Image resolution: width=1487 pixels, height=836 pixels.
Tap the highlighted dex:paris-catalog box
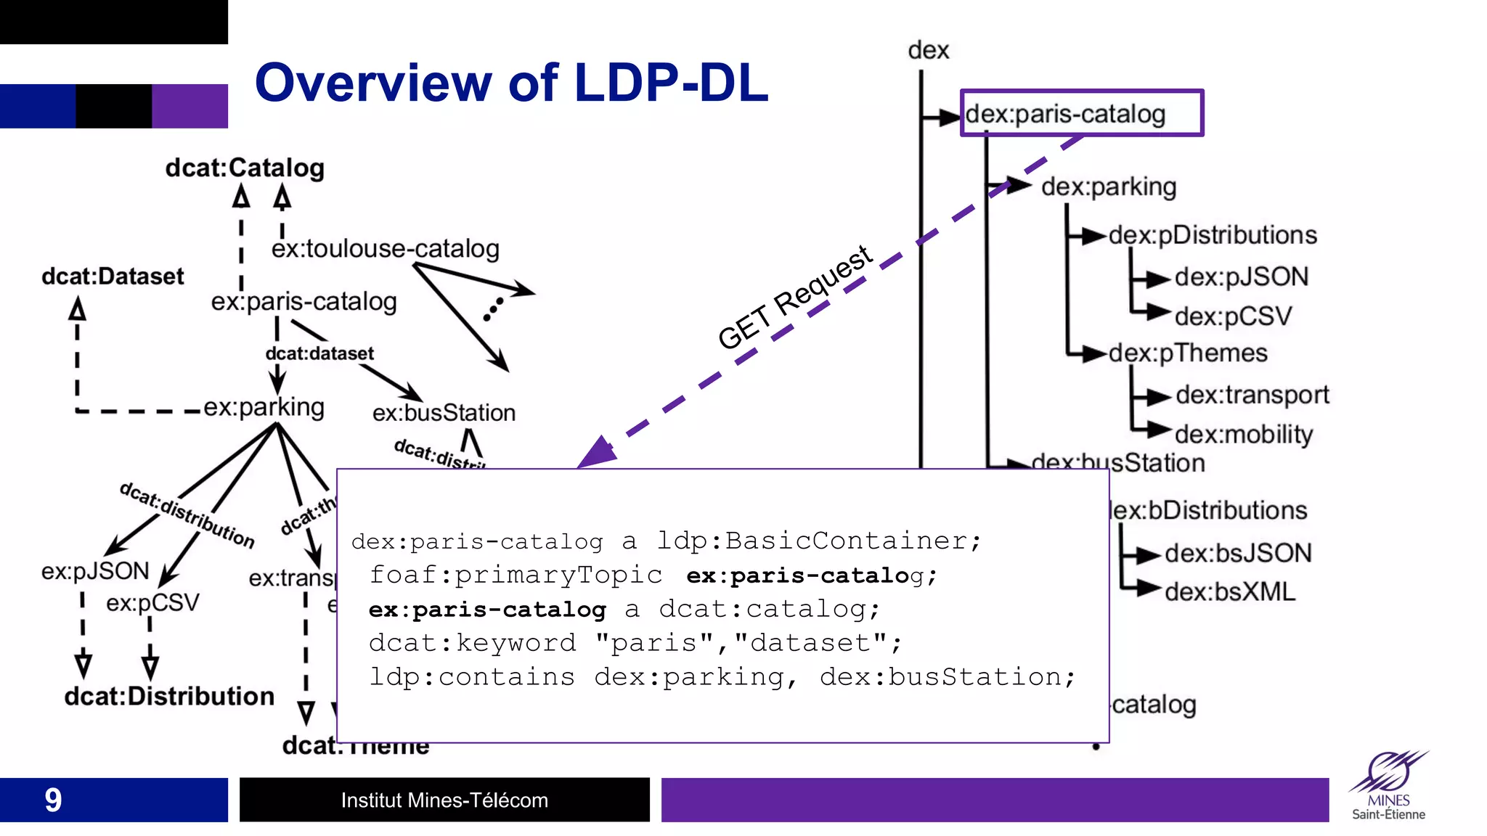tap(1081, 113)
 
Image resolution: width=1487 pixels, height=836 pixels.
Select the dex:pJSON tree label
tap(1241, 276)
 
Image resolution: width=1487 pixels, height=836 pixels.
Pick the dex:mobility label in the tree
tap(1243, 434)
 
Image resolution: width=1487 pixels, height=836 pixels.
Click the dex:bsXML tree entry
tap(1230, 591)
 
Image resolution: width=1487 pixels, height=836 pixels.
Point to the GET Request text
tap(794, 297)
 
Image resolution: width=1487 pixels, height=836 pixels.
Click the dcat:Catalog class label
tap(245, 168)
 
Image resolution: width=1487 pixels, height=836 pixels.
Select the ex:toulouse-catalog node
tap(385, 249)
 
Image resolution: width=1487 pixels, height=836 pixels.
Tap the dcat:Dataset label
tap(113, 276)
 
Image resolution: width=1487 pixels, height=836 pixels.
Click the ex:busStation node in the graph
tap(444, 413)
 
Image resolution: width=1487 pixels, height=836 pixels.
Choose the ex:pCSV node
tap(152, 603)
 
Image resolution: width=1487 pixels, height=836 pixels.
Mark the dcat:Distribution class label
tap(169, 697)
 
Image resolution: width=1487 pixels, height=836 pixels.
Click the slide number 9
tap(53, 800)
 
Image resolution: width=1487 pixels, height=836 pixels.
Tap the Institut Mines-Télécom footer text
tap(444, 800)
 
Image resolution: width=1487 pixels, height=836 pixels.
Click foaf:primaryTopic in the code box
tap(516, 575)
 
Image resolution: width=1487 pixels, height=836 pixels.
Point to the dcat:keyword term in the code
tap(473, 643)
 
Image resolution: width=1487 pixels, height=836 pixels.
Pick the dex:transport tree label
tap(1252, 395)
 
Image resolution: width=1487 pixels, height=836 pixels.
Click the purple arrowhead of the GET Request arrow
tap(598, 453)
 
